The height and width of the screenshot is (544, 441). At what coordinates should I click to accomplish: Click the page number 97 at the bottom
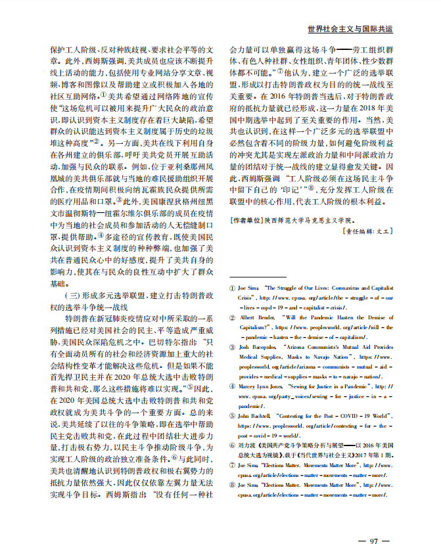[x=373, y=522]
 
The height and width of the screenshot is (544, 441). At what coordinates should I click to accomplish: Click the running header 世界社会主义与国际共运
[x=350, y=30]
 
